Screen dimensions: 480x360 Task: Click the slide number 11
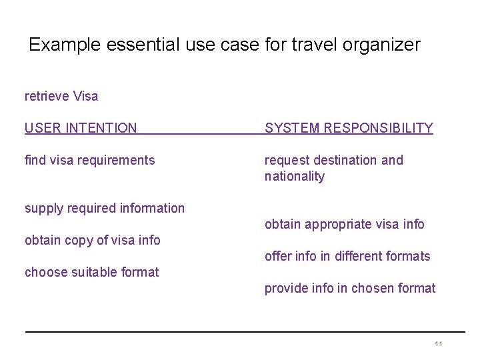(x=438, y=343)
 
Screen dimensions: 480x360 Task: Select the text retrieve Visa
(x=61, y=96)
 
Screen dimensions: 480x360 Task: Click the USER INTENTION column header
(x=81, y=128)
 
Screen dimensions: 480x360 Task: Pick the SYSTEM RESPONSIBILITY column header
(x=349, y=128)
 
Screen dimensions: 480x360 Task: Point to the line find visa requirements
(x=89, y=160)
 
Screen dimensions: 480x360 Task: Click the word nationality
(x=295, y=177)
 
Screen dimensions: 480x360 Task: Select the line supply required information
(x=105, y=208)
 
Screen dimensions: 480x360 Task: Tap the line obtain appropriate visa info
(x=344, y=224)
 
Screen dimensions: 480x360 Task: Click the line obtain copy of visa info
(x=93, y=240)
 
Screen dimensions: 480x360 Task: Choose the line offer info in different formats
(x=347, y=256)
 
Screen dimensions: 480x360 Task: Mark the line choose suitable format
(x=92, y=272)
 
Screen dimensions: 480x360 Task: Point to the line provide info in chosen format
(x=350, y=288)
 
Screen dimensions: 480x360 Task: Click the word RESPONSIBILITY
(x=377, y=128)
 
